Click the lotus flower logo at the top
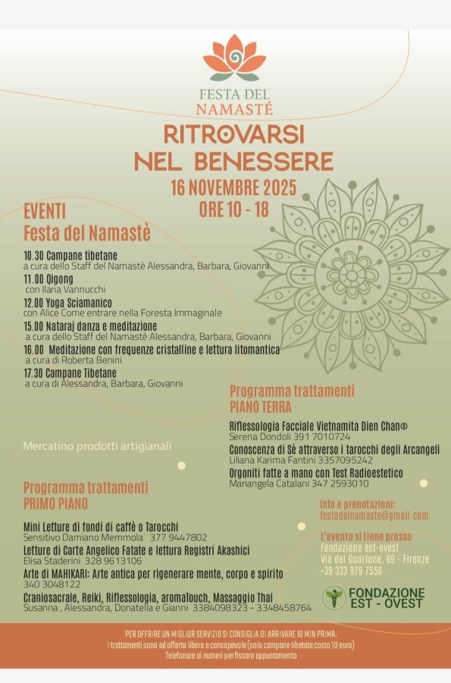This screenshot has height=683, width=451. click(x=234, y=58)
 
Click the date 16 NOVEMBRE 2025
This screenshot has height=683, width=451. click(x=233, y=187)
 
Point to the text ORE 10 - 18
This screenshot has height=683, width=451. click(x=233, y=209)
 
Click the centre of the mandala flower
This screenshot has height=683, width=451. click(x=351, y=275)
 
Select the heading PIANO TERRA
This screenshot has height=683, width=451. click(x=260, y=408)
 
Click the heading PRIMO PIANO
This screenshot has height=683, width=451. click(x=55, y=503)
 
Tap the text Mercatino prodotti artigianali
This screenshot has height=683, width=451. click(x=97, y=445)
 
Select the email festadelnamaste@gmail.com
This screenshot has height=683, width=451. click(x=374, y=516)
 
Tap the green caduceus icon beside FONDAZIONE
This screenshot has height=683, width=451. click(x=333, y=597)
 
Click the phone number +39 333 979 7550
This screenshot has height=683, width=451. click(x=351, y=570)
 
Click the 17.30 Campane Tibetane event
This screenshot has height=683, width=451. click(x=70, y=373)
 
